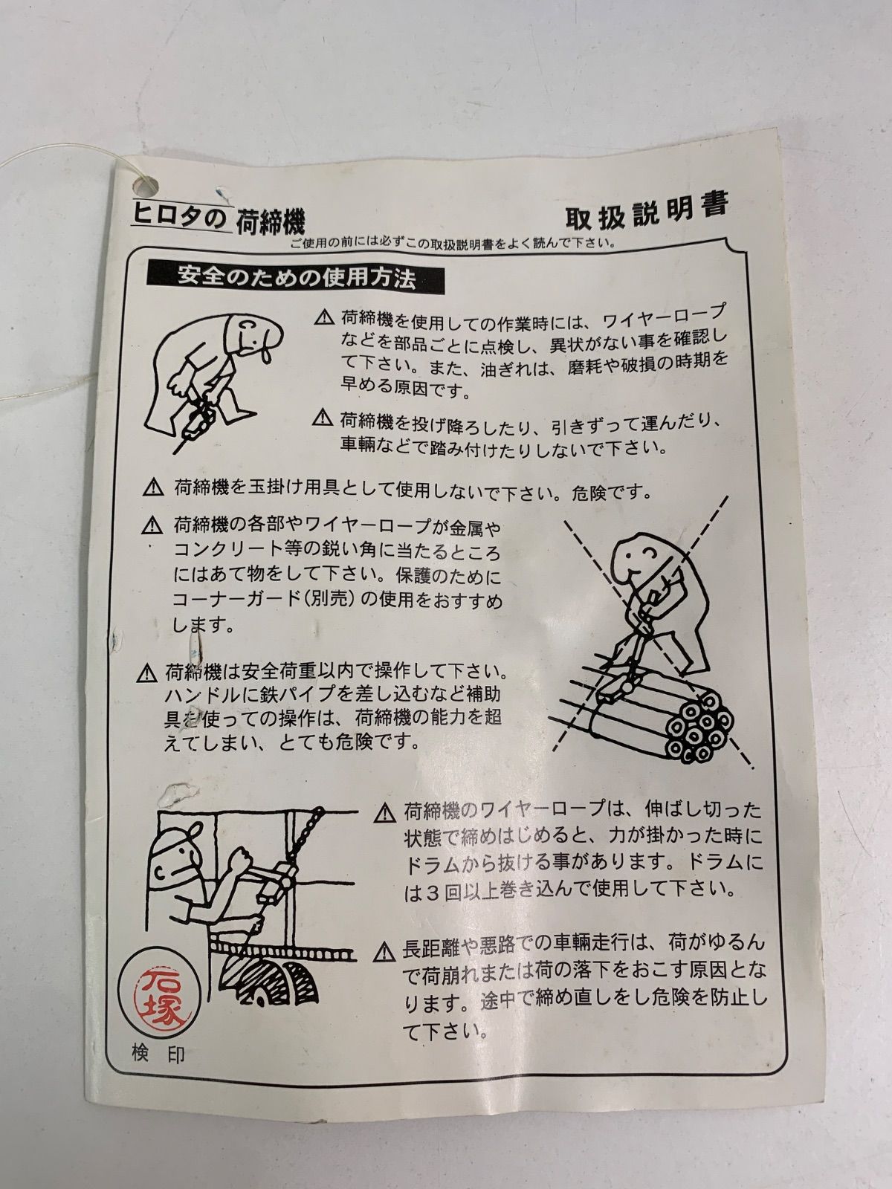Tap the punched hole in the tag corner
pos(145,187)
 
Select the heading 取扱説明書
pos(647,211)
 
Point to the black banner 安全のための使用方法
pos(296,278)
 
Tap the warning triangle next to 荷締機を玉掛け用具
pos(153,487)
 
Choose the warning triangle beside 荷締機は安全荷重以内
pos(146,674)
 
